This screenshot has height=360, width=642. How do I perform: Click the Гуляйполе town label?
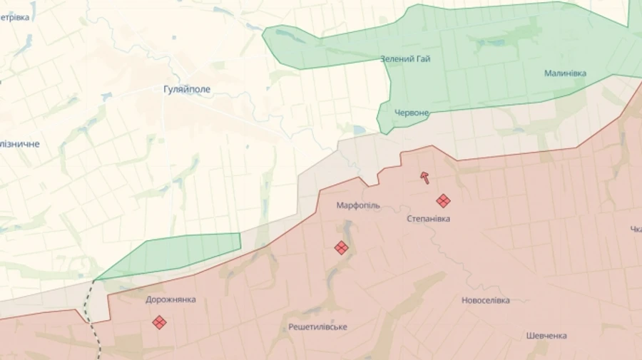click(186, 90)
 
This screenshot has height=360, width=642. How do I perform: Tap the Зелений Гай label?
click(405, 58)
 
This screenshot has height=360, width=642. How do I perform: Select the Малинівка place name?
click(565, 73)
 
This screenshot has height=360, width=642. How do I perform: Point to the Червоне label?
click(412, 113)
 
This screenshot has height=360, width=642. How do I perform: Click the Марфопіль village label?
click(358, 205)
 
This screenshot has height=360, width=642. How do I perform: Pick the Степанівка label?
click(428, 219)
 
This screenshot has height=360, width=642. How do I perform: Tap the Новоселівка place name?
click(485, 300)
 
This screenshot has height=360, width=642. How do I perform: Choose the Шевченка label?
click(546, 336)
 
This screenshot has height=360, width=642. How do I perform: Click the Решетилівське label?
click(318, 326)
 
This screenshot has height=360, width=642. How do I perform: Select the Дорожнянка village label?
click(170, 299)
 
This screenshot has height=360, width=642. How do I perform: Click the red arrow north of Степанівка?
click(425, 178)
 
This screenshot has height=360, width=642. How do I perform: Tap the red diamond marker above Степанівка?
click(443, 201)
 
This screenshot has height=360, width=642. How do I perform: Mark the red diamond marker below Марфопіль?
click(341, 247)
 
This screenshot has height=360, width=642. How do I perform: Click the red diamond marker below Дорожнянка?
click(159, 322)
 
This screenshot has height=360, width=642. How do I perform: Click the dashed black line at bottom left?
click(91, 314)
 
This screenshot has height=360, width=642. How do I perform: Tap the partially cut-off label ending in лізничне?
click(19, 144)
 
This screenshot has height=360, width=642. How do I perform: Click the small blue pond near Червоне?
click(359, 130)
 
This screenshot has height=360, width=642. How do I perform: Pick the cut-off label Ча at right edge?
click(636, 229)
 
